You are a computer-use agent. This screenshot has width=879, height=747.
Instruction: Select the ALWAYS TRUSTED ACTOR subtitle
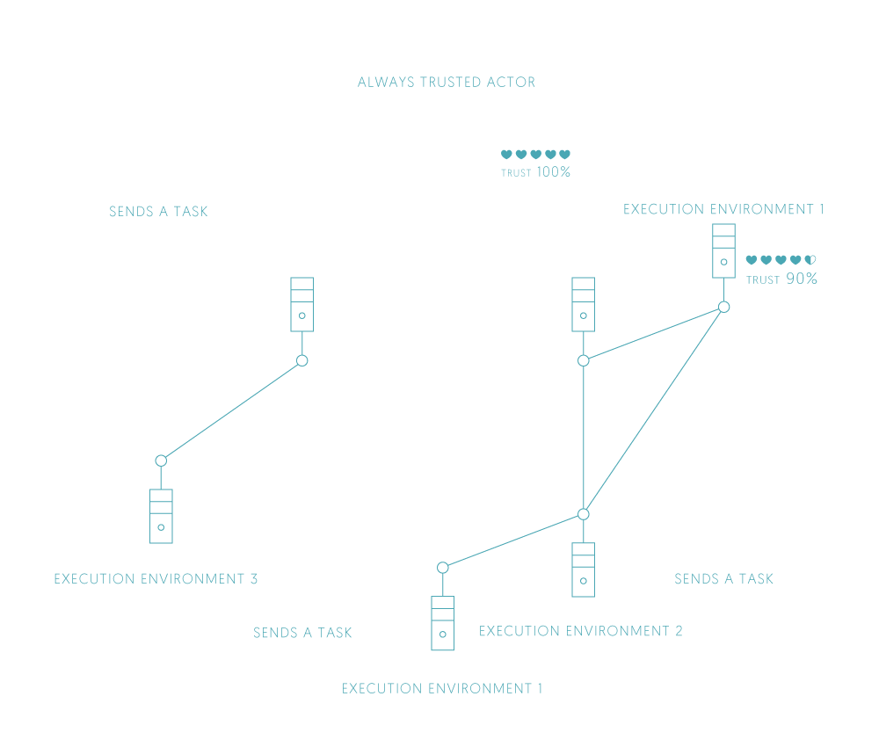click(446, 83)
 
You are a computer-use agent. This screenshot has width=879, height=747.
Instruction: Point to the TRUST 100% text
click(535, 172)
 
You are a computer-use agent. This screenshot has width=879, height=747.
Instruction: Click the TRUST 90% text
click(781, 279)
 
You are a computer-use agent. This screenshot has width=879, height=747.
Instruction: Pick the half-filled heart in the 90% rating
click(811, 260)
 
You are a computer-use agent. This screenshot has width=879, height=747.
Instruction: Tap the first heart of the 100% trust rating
click(506, 154)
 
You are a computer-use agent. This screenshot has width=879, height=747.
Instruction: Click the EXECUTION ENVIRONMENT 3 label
click(156, 579)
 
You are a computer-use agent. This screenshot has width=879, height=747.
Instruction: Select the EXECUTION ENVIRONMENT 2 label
click(580, 631)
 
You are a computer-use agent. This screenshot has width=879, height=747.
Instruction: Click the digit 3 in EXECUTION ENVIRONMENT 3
click(253, 579)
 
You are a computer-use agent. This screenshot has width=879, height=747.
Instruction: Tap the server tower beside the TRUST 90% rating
click(723, 250)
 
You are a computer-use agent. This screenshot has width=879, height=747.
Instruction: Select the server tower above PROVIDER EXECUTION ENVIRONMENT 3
click(161, 516)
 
